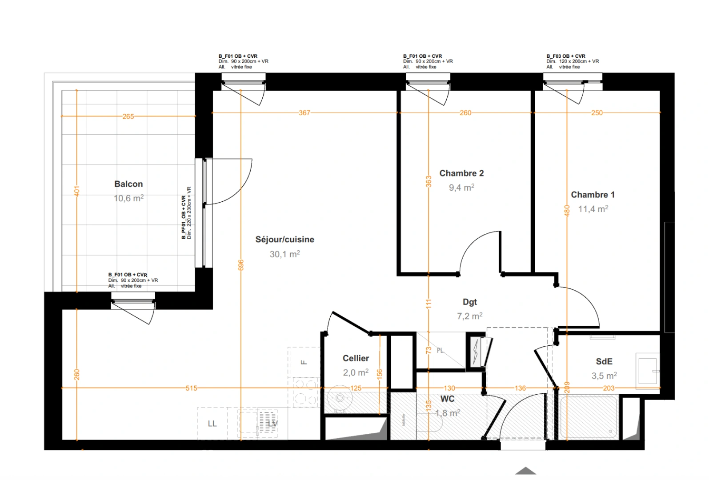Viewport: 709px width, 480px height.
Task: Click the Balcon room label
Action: (128, 184)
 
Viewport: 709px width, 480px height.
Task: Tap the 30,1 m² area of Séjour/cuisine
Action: (284, 254)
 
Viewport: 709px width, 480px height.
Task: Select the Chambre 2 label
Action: (461, 173)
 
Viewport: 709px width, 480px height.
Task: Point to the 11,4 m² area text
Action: (593, 209)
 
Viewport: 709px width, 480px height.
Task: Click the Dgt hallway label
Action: (469, 302)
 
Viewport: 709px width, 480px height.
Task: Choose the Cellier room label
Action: (356, 358)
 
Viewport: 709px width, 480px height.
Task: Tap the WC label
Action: (447, 399)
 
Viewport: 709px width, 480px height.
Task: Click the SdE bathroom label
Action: (604, 362)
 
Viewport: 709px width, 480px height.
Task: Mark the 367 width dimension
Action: (304, 113)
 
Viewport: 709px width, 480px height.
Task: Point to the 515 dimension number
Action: (191, 388)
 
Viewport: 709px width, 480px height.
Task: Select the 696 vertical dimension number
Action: (241, 265)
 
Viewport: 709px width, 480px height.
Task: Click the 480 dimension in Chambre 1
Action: (567, 210)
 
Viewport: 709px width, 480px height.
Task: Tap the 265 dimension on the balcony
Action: (128, 116)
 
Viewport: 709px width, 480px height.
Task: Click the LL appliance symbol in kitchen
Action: (212, 424)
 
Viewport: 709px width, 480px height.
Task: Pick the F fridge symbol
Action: (304, 362)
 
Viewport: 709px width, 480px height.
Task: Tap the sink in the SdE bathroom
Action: (647, 371)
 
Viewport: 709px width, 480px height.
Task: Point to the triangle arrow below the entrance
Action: (525, 471)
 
